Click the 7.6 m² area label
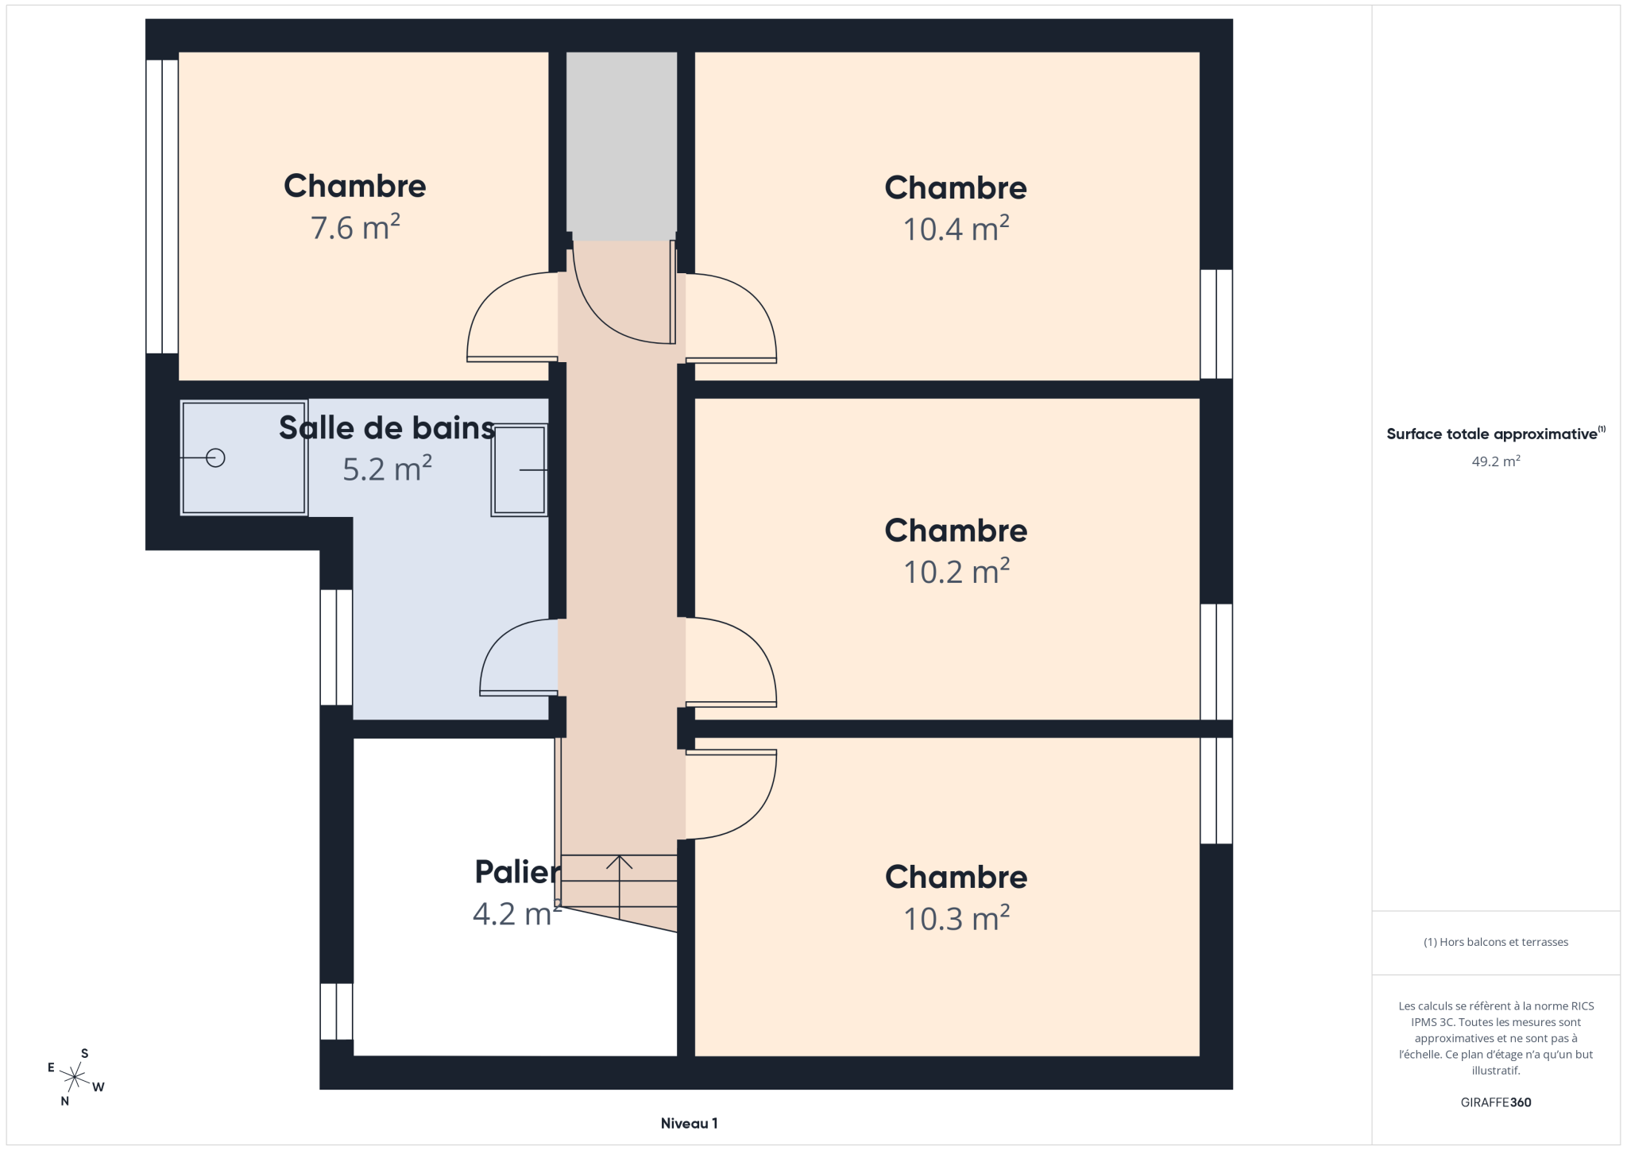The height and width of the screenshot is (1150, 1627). pos(355,228)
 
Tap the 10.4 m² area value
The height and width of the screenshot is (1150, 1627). pos(956,230)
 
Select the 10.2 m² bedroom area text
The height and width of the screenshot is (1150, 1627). pos(956,572)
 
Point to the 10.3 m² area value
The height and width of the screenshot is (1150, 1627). pos(956,919)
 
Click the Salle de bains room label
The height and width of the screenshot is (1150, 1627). pos(387,428)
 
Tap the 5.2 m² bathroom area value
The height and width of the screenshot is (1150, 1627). pos(387,469)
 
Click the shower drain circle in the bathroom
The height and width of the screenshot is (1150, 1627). pos(215,458)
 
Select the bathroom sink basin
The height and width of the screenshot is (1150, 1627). pos(520,470)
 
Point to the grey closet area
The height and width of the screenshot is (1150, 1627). pos(621,146)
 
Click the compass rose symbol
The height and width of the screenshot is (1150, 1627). pos(75,1078)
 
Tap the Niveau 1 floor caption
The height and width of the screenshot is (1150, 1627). pos(689,1123)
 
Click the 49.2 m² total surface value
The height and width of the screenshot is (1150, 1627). pos(1496,461)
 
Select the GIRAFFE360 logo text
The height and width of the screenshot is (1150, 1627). pos(1496,1102)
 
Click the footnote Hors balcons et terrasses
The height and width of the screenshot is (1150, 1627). pos(1496,942)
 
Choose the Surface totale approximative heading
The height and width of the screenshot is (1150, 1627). pos(1496,434)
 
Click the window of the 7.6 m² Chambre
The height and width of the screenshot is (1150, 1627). pos(162,206)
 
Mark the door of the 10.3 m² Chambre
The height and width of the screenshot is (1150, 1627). pos(731,794)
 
